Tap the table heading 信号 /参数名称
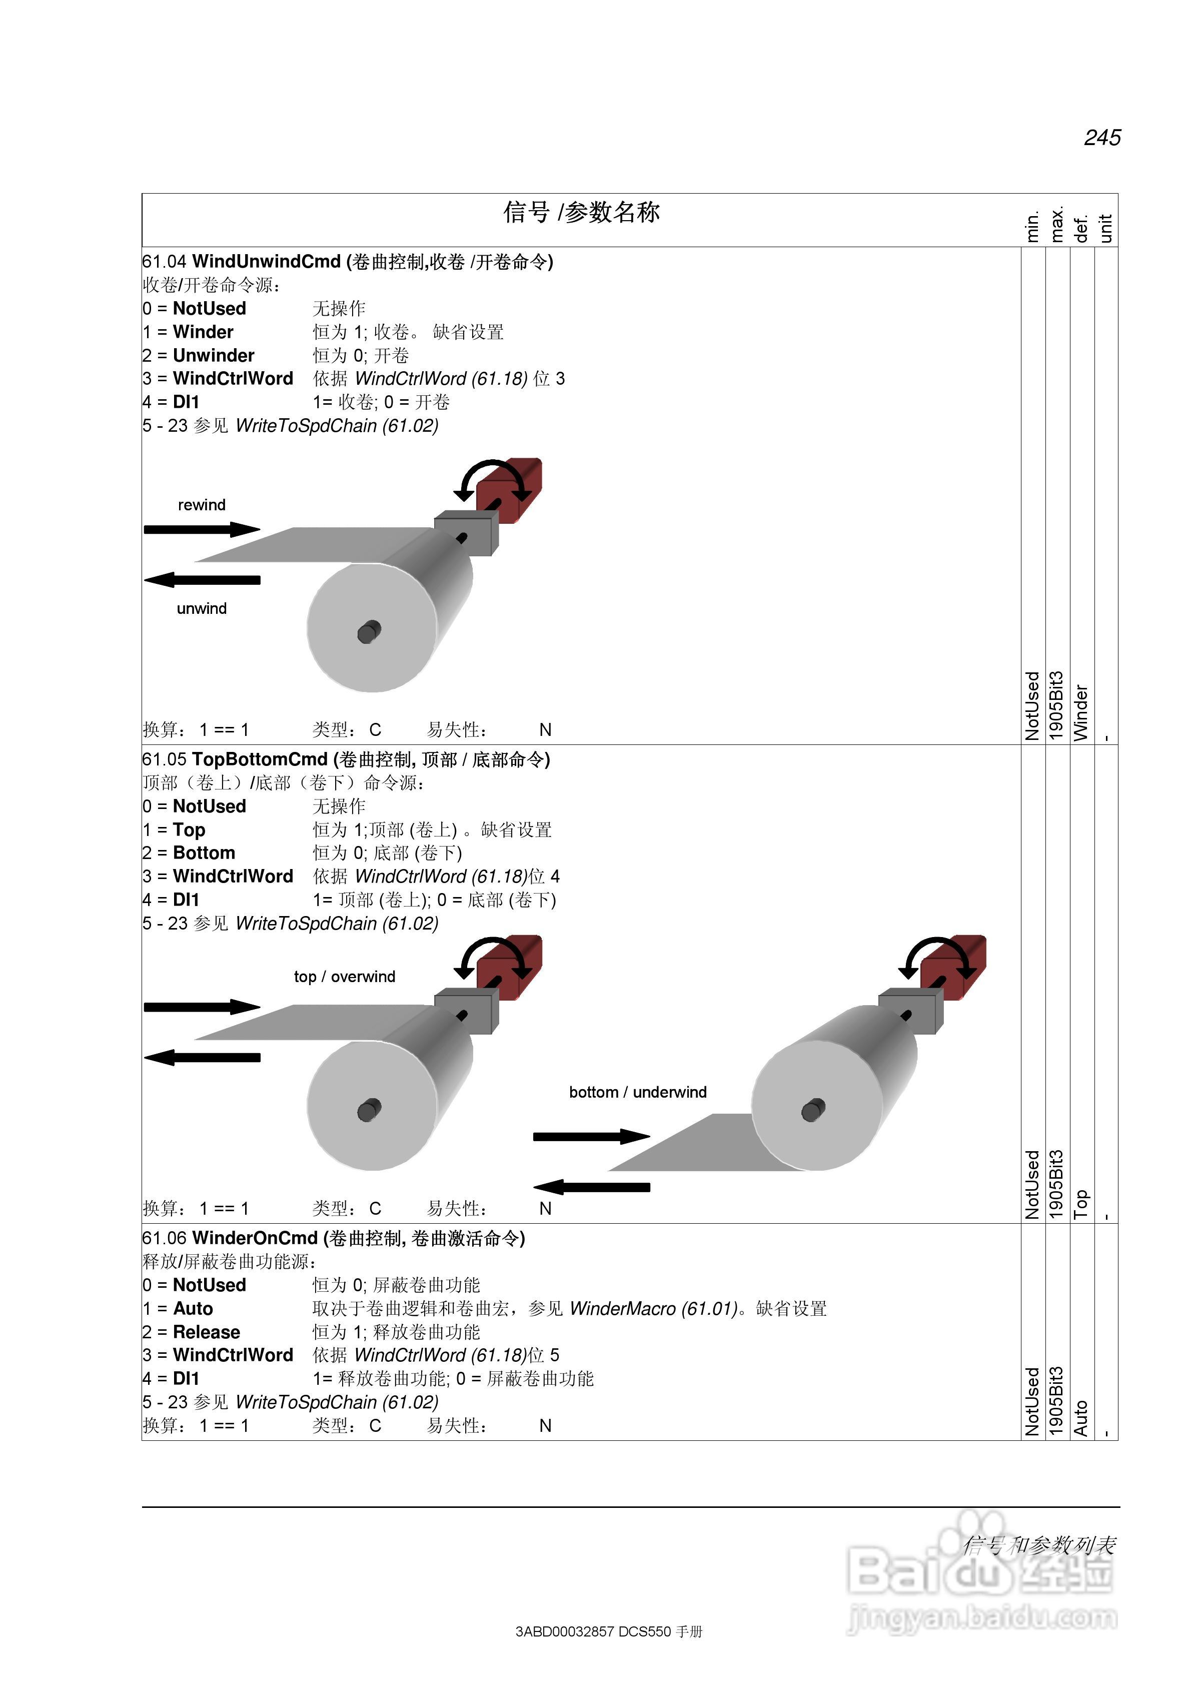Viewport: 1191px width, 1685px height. pyautogui.click(x=581, y=212)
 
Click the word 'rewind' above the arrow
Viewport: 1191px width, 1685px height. pyautogui.click(x=202, y=505)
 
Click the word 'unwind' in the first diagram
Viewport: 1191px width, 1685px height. pyautogui.click(x=202, y=608)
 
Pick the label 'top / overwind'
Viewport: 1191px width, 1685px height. pyautogui.click(x=344, y=976)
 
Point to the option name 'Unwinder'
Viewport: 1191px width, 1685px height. pyautogui.click(x=214, y=356)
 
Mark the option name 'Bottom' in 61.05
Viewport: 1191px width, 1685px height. pyautogui.click(x=204, y=853)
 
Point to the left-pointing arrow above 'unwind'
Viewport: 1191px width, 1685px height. pyautogui.click(x=202, y=580)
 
